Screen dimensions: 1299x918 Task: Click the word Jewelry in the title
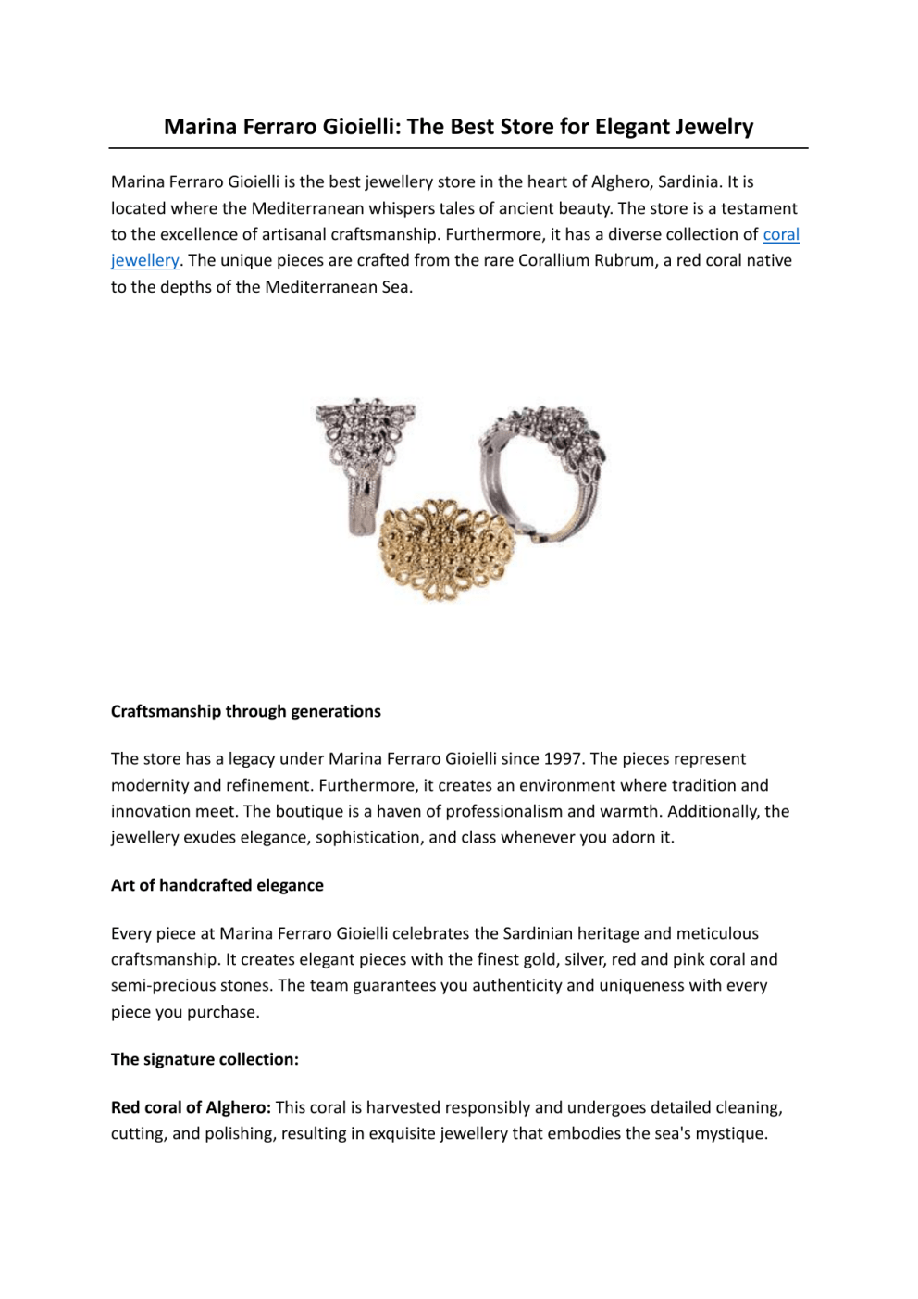point(713,127)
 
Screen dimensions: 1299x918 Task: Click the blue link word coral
point(781,234)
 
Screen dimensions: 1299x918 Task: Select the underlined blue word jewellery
point(144,260)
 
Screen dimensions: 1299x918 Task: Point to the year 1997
point(563,758)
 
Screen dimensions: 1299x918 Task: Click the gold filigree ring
point(446,549)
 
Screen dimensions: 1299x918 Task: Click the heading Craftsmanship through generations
point(245,711)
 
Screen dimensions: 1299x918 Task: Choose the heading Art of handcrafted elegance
point(217,885)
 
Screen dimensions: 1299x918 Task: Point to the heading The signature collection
point(205,1059)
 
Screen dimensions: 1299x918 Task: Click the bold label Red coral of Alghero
point(191,1107)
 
